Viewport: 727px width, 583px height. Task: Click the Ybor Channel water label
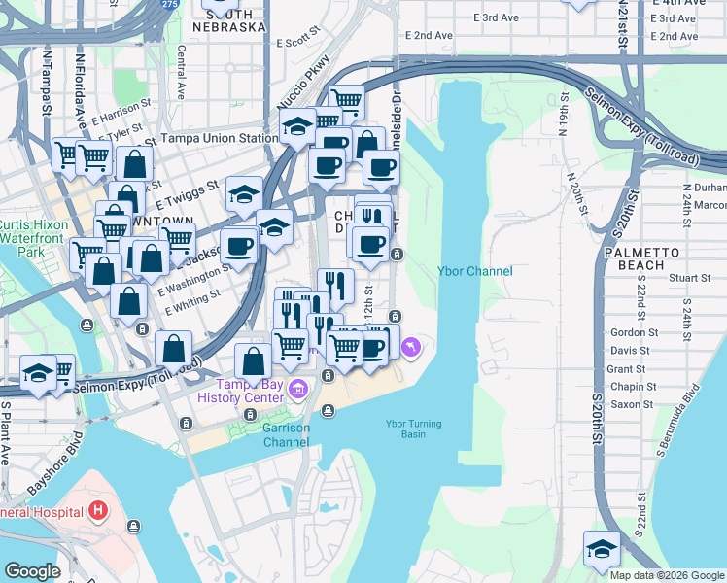[x=474, y=271]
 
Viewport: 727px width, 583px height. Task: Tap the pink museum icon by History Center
[x=298, y=390]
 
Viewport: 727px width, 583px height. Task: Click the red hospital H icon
[x=97, y=510]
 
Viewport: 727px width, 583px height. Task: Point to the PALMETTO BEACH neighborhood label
[x=640, y=257]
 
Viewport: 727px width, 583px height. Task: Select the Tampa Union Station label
[x=219, y=138]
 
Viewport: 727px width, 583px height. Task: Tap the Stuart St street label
[x=691, y=278]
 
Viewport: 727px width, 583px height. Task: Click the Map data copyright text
[x=667, y=574]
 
